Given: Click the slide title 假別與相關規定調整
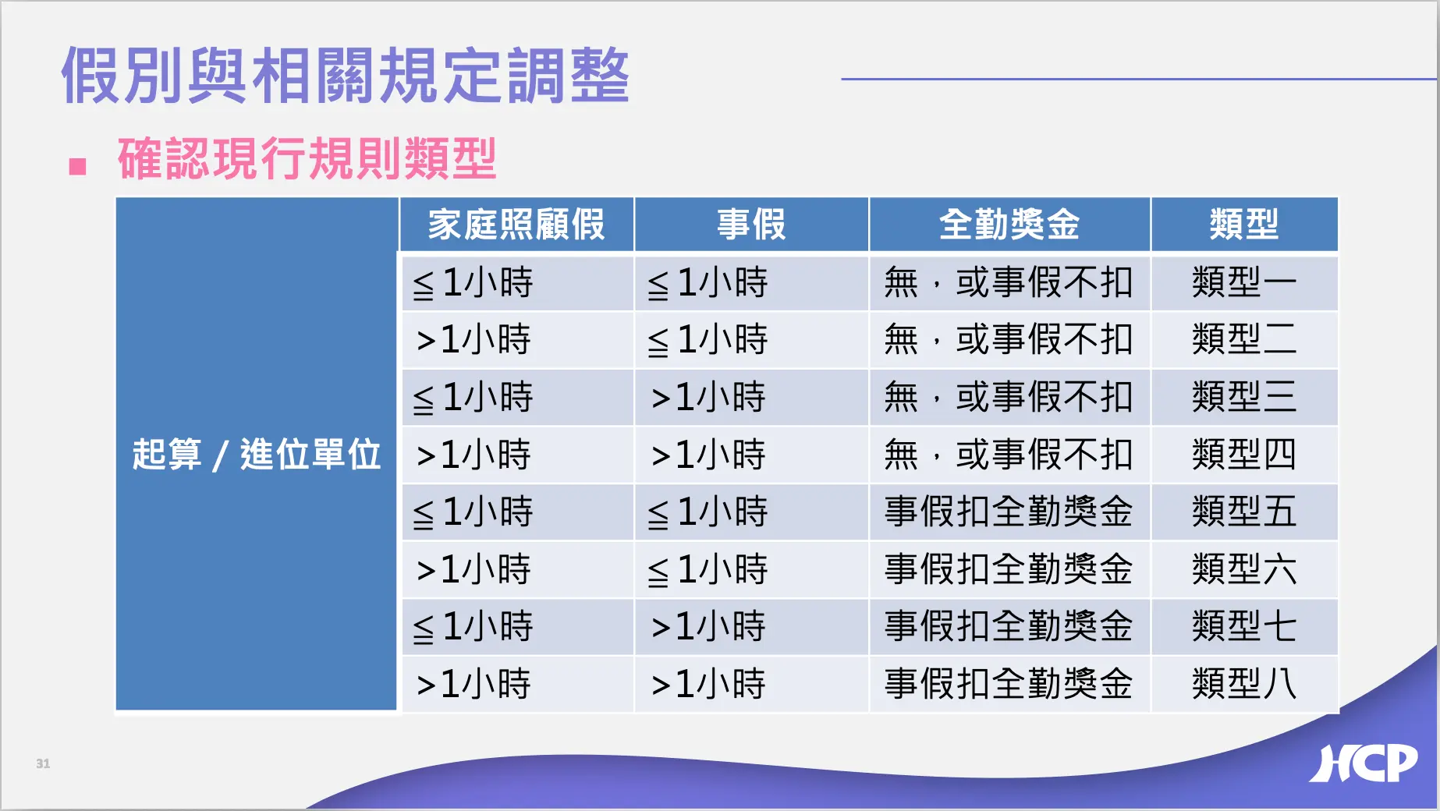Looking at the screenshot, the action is [x=345, y=75].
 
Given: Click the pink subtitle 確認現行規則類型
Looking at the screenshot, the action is [x=307, y=158].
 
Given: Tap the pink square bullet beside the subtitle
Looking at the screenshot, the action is [x=77, y=166].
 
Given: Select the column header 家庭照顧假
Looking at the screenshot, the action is [x=516, y=225].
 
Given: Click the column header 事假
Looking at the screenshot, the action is [x=751, y=225].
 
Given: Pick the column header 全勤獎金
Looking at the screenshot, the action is [x=1009, y=225].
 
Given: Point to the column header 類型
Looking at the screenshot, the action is [x=1244, y=225].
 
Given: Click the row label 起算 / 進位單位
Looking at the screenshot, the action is [x=257, y=454].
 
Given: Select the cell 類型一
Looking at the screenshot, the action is [x=1244, y=282].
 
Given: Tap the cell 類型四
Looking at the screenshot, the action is [x=1244, y=454].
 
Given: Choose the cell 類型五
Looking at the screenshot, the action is [x=1244, y=512].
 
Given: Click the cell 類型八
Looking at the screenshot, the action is [x=1244, y=684].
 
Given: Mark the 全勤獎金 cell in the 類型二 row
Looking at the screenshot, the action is [x=1009, y=339].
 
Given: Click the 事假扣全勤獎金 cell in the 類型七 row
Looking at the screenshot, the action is [x=1009, y=626].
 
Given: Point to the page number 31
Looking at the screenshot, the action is [x=43, y=763].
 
